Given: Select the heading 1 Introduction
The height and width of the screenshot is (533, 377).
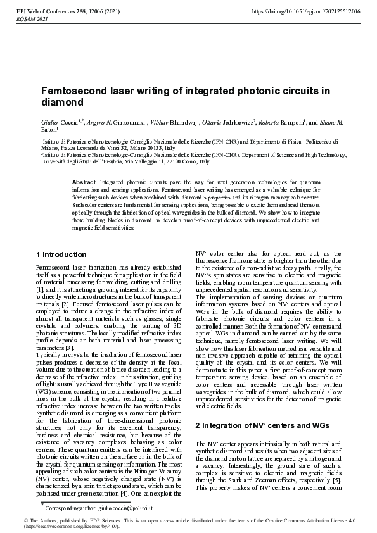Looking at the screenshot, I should pos(60,254).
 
